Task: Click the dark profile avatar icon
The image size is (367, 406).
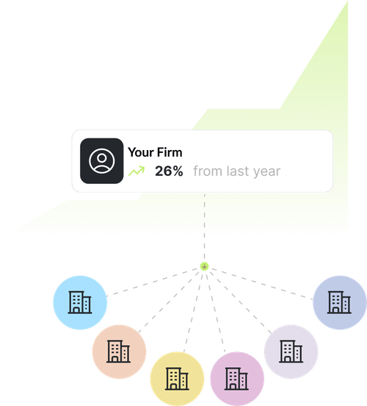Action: point(101,161)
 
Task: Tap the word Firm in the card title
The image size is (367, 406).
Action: point(170,152)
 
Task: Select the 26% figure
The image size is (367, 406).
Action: point(169,171)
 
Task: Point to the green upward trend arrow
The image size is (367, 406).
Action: point(137,171)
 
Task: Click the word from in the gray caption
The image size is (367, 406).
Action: point(208,171)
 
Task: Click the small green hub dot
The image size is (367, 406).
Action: point(205,266)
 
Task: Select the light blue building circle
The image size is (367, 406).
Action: point(80,302)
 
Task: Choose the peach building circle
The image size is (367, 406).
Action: point(119,352)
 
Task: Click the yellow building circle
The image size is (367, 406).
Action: point(177,379)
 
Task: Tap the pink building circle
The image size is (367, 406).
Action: point(237,379)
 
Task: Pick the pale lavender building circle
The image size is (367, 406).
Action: point(291,352)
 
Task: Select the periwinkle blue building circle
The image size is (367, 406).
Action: point(340,302)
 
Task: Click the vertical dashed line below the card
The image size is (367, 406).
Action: point(205,227)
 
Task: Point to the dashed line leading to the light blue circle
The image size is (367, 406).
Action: point(152,282)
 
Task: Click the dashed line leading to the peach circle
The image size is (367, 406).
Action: point(169,302)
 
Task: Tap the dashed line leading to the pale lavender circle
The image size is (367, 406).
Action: point(241,302)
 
